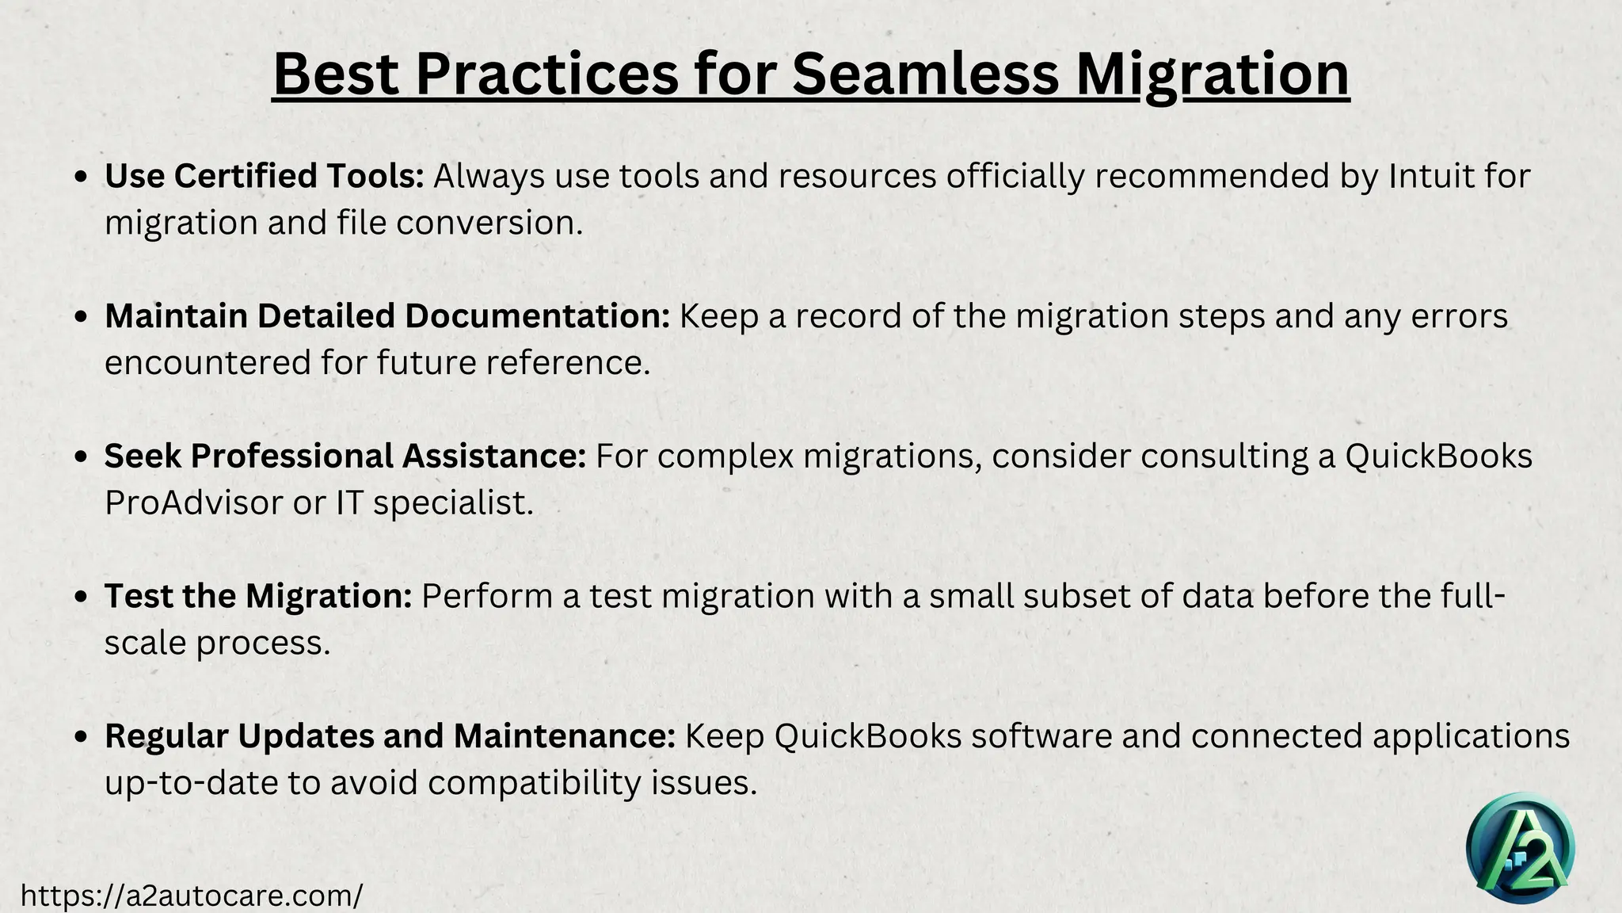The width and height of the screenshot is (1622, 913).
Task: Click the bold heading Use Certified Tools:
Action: (x=265, y=176)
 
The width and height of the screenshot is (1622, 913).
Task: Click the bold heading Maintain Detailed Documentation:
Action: (x=387, y=316)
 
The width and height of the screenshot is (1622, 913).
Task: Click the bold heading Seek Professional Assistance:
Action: (x=345, y=456)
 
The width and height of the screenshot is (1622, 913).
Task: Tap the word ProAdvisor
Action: (x=193, y=503)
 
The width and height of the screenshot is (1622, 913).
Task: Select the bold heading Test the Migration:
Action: (x=258, y=597)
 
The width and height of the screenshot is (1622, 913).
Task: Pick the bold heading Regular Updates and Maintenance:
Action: (x=390, y=736)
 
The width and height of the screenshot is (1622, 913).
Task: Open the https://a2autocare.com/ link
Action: (x=191, y=896)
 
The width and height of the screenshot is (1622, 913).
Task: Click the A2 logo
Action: (x=1520, y=849)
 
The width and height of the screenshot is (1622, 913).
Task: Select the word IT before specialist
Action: (x=349, y=503)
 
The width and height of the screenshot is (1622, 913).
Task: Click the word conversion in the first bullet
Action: (x=489, y=223)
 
